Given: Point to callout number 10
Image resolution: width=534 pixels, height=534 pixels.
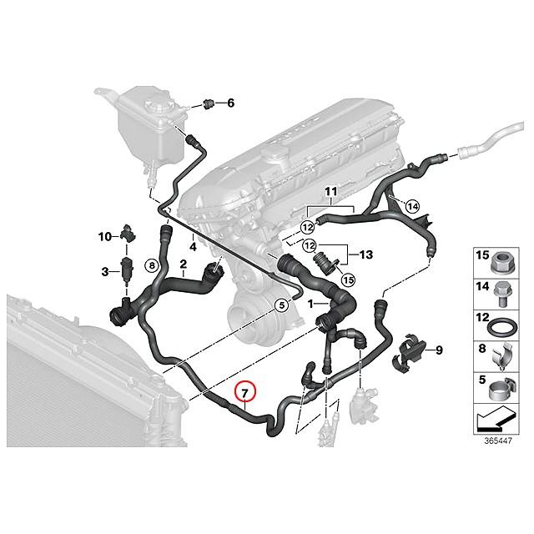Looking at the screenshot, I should click(x=104, y=237).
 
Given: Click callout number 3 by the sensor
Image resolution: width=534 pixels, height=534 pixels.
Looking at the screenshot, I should click(x=106, y=271).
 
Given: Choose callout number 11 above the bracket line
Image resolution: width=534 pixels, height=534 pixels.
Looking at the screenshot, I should click(x=331, y=191).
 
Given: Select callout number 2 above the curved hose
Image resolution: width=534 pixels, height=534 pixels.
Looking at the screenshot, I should click(x=182, y=264).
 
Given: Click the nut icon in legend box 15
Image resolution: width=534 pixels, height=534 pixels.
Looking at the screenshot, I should click(x=502, y=260).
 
